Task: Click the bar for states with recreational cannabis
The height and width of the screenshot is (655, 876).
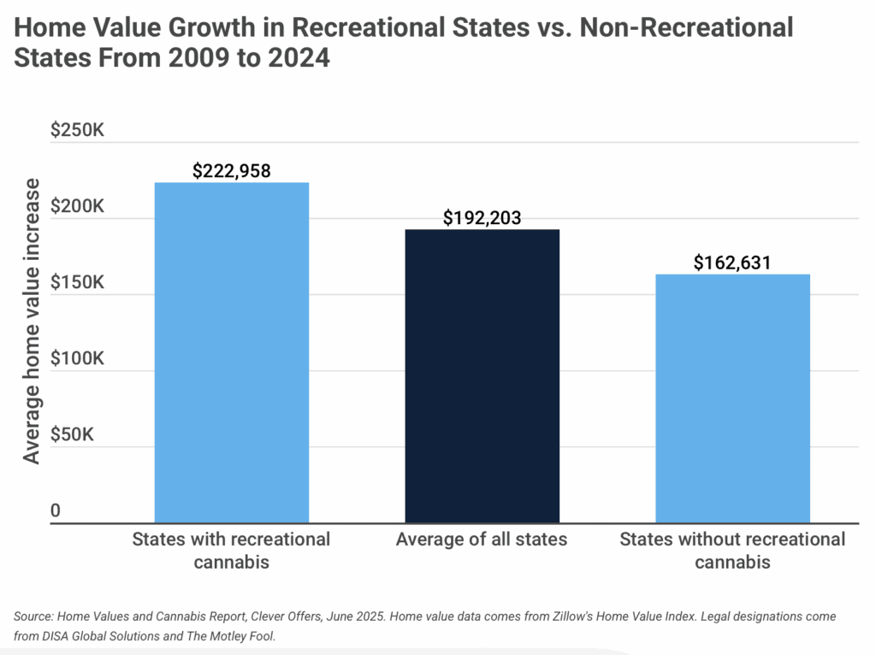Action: pos(231,352)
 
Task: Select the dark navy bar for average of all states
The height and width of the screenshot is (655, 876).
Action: pos(482,376)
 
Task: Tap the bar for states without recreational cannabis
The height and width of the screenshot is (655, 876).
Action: pos(732,398)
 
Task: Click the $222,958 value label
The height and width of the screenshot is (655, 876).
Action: pos(231,171)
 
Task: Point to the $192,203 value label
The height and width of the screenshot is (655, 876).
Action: pos(482,218)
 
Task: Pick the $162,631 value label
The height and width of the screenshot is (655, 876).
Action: pos(732,263)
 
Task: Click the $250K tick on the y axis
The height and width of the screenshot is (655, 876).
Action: pos(77,132)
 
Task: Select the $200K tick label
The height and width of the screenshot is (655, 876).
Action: pos(77,208)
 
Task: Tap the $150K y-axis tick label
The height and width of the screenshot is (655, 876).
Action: pos(77,283)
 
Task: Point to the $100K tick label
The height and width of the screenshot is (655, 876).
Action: pos(77,359)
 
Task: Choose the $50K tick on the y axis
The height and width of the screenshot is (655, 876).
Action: pos(77,435)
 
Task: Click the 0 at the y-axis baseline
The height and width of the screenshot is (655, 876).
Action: pos(56,511)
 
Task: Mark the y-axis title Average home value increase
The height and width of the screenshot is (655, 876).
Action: pos(32,322)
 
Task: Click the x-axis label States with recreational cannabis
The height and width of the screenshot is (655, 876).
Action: pos(231,551)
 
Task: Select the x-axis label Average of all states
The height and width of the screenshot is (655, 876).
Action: pos(482,540)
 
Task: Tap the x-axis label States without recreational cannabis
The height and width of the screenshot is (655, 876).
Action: pos(732,551)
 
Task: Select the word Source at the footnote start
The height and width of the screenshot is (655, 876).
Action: pos(33,616)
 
